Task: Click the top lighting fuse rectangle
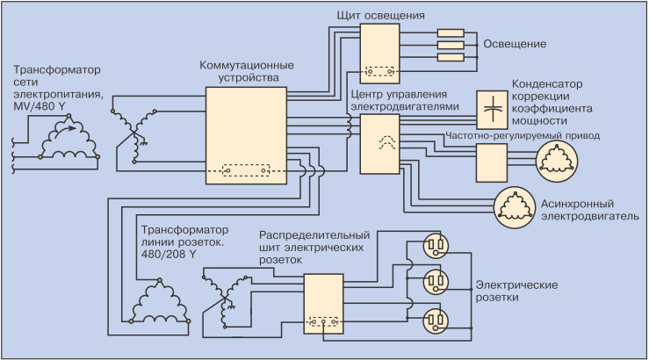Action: (x=451, y=33)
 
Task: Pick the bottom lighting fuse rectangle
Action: (x=451, y=56)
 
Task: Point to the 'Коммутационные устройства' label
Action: (x=246, y=72)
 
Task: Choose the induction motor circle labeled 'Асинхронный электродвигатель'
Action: (x=513, y=205)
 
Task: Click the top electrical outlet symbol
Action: (x=436, y=243)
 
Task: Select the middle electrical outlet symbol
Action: (x=436, y=281)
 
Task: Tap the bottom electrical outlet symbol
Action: (x=436, y=318)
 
